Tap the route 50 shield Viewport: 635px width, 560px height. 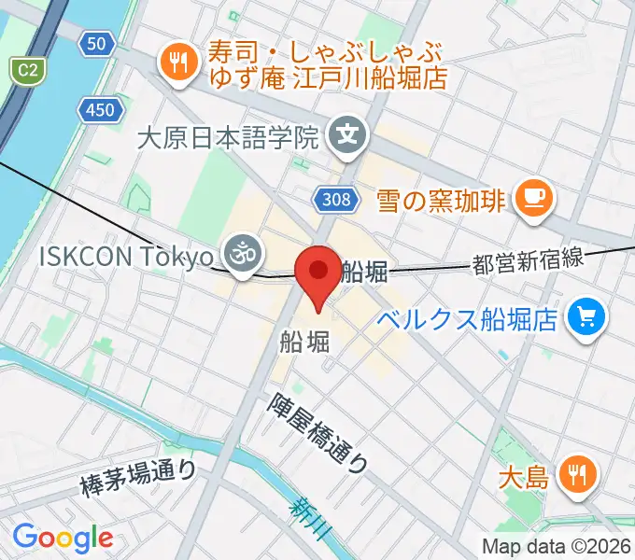(x=96, y=43)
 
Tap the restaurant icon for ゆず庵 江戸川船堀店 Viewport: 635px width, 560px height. (x=176, y=63)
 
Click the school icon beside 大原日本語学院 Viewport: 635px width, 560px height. (x=347, y=138)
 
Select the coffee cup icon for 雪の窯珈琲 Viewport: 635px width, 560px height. (x=536, y=197)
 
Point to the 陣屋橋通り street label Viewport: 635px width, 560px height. (x=318, y=432)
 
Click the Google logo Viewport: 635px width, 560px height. (x=63, y=538)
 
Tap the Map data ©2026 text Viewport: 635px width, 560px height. (x=557, y=546)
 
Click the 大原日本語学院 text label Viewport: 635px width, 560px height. (x=228, y=139)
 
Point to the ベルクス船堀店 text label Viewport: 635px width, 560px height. (x=469, y=320)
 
